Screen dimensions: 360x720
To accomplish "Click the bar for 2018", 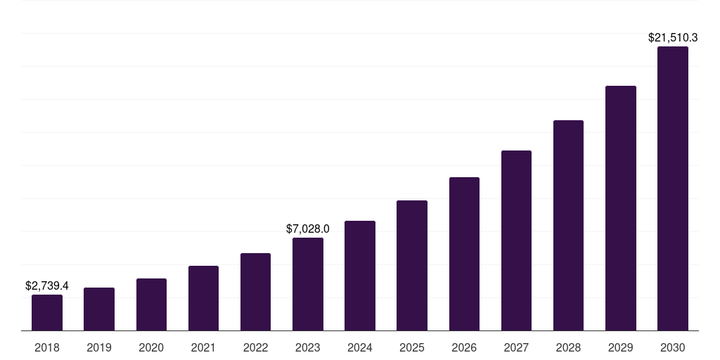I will click(x=47, y=313).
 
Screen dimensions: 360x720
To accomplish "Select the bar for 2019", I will click(x=99, y=309).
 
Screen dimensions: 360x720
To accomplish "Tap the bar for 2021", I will click(x=203, y=298).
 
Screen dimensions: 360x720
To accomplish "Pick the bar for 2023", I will click(x=308, y=284).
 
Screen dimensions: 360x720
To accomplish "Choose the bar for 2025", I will click(x=412, y=266).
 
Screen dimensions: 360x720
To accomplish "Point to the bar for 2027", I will click(x=516, y=240).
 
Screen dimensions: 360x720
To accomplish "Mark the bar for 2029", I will click(x=620, y=208).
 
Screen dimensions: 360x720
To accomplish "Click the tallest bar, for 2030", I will click(x=672, y=188).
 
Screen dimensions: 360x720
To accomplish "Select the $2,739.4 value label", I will click(x=47, y=286).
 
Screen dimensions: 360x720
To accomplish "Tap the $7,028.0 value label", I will click(x=308, y=229).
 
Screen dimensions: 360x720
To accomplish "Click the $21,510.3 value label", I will click(x=672, y=38).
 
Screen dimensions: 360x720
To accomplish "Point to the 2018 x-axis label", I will click(x=47, y=347).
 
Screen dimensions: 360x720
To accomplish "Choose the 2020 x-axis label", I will click(x=151, y=347).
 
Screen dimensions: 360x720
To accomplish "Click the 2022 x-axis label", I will click(x=255, y=347).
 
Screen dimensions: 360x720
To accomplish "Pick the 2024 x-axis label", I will click(x=360, y=347).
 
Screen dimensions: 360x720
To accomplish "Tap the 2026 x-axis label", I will click(x=464, y=347).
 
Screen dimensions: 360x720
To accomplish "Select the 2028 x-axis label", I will click(x=568, y=347).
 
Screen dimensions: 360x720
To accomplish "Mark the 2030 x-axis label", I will click(x=672, y=347).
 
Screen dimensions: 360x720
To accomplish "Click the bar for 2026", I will click(x=464, y=254).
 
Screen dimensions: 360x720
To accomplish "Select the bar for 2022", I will click(x=255, y=292).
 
